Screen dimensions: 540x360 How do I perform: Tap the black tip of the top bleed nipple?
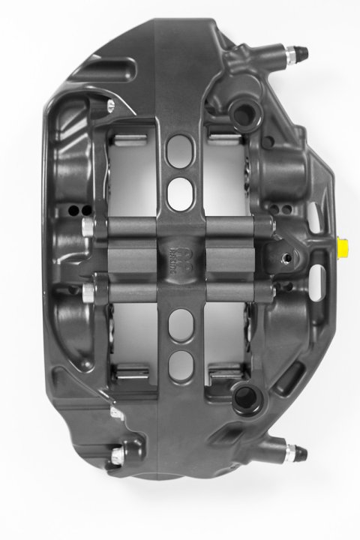pos(302,52)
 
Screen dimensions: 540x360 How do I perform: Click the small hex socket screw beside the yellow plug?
pos(286,257)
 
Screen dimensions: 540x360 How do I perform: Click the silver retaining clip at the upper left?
pos(110,105)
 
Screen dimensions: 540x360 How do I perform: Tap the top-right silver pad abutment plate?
pos(222,136)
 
